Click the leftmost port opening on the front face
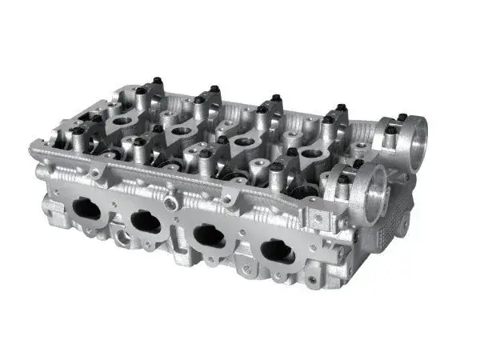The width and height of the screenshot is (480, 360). pos(86,210)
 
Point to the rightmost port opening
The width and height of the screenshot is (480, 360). pos(277,252)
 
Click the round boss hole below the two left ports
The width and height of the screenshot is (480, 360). pos(122,237)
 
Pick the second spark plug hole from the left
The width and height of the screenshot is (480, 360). pos(182,130)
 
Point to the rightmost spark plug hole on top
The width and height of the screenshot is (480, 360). pos(313,153)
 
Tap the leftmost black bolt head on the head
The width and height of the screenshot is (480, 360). pos(78,129)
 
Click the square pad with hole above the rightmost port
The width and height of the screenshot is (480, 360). pos(319,218)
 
